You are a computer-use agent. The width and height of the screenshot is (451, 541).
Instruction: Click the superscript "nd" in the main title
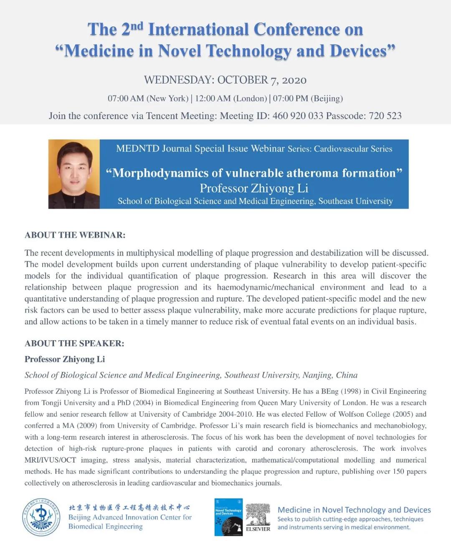pos(137,26)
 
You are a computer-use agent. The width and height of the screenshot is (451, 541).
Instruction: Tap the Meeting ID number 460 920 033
pos(298,116)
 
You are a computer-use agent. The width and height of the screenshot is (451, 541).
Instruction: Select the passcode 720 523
pos(385,116)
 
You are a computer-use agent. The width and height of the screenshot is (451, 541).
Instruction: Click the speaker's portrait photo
pos(74,174)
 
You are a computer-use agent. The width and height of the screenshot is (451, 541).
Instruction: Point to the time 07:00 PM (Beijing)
pos(308,99)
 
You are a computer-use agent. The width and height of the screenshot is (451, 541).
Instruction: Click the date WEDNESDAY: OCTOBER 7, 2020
pos(225,80)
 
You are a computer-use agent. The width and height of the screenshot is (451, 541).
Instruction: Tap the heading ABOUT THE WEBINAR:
pos(75,235)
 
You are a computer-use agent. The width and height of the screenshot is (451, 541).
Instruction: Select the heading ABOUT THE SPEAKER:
pos(74,344)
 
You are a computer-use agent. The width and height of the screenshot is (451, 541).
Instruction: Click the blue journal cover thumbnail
pos(228,517)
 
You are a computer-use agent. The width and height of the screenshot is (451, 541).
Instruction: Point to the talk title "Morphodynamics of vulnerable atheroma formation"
pos(254,173)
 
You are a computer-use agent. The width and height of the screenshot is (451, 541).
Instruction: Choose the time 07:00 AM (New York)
pos(148,99)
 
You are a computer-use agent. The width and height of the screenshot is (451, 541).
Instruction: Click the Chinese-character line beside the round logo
pos(129,508)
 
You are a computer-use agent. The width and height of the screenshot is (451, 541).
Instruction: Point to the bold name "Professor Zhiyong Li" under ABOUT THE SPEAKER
pos(65,359)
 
